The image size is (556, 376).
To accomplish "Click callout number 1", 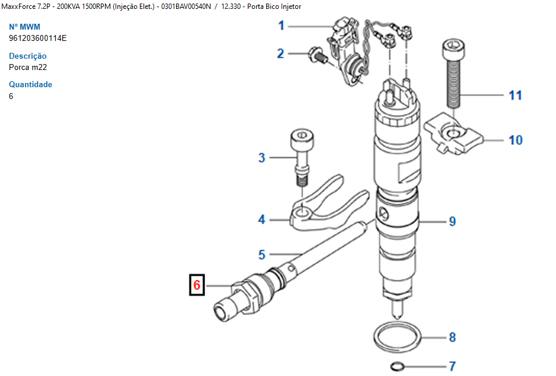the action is click(x=281, y=26).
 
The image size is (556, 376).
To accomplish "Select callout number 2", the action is click(x=280, y=53).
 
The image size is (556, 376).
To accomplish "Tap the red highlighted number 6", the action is click(x=197, y=285).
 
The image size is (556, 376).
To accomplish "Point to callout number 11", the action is click(x=515, y=95).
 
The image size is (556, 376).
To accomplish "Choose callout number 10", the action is click(x=516, y=140).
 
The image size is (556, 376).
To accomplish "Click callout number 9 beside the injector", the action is click(x=452, y=221).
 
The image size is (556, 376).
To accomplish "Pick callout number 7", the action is click(x=452, y=366).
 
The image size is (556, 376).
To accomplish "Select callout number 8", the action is click(x=452, y=337).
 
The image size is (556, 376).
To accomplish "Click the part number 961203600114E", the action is click(x=37, y=39).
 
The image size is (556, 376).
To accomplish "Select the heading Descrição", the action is click(x=28, y=56).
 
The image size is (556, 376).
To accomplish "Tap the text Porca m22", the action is click(x=28, y=68).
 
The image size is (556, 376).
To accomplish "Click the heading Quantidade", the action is click(x=30, y=84).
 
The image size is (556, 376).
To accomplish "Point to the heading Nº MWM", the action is click(x=24, y=27).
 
